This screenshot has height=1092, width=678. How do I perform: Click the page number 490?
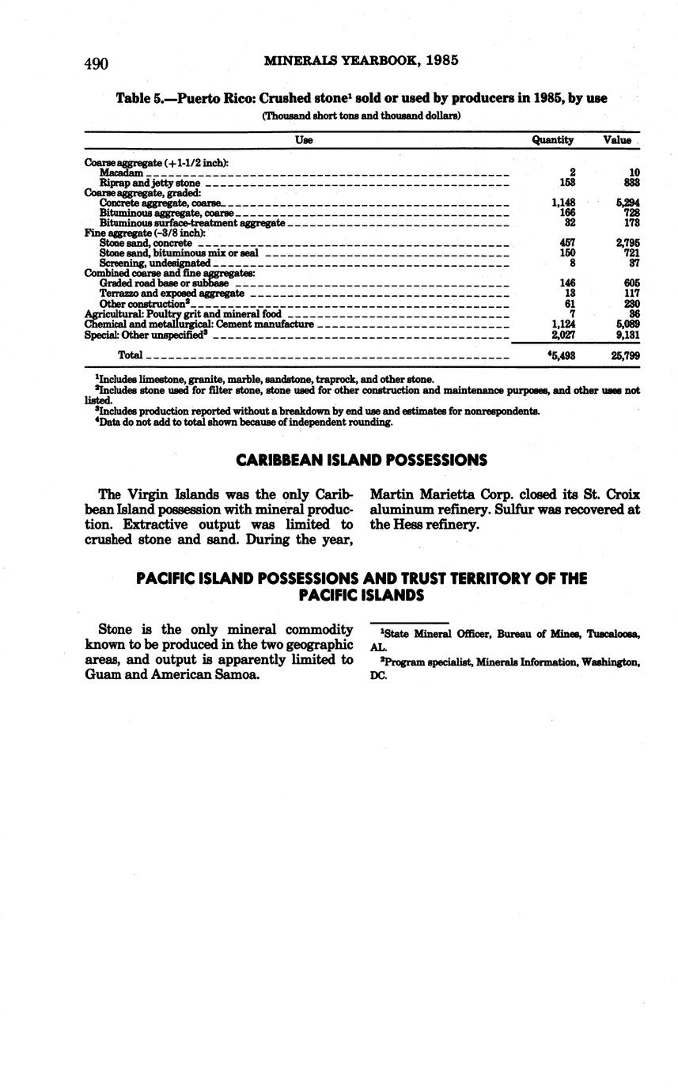pyautogui.click(x=96, y=64)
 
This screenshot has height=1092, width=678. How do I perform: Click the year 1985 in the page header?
pyautogui.click(x=441, y=60)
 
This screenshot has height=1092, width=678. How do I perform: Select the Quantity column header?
pyautogui.click(x=552, y=140)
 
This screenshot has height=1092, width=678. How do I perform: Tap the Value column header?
pyautogui.click(x=617, y=140)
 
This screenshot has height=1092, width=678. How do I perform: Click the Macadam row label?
pyautogui.click(x=121, y=173)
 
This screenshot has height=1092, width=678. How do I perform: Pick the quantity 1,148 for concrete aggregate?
pyautogui.click(x=562, y=203)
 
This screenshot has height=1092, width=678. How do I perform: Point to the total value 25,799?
pyautogui.click(x=625, y=356)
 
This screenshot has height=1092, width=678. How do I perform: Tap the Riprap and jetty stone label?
pyautogui.click(x=150, y=183)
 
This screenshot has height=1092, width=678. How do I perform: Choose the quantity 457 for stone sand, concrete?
pyautogui.click(x=566, y=243)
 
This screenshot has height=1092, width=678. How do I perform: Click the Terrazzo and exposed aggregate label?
pyautogui.click(x=172, y=294)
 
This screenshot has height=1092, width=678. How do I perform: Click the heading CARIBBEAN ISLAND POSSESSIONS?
pyautogui.click(x=362, y=461)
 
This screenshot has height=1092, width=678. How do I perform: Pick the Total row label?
pyautogui.click(x=130, y=355)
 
